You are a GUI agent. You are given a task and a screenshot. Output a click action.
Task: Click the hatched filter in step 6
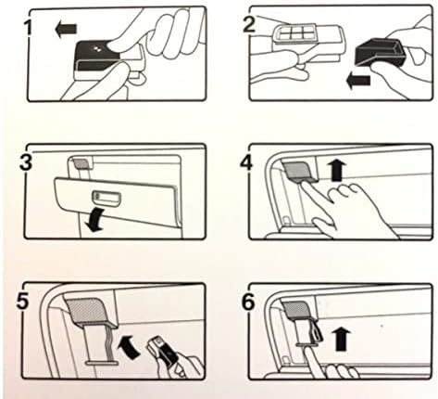297,308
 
